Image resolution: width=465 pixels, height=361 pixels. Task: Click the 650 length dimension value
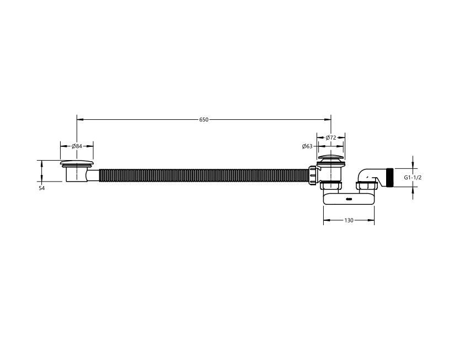coord(204,120)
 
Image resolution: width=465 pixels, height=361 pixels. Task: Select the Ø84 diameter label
coord(77,146)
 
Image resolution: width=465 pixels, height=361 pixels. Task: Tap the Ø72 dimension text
coord(330,137)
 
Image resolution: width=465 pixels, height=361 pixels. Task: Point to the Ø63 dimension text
coord(307,146)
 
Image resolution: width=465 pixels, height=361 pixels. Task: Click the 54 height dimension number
coord(41,188)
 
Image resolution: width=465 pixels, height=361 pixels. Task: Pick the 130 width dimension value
coord(349,220)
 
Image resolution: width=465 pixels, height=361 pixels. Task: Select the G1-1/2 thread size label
coord(413,178)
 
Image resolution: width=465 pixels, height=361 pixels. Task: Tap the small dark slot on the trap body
coord(349,199)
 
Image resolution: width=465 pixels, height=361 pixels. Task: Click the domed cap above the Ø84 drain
coord(77,163)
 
